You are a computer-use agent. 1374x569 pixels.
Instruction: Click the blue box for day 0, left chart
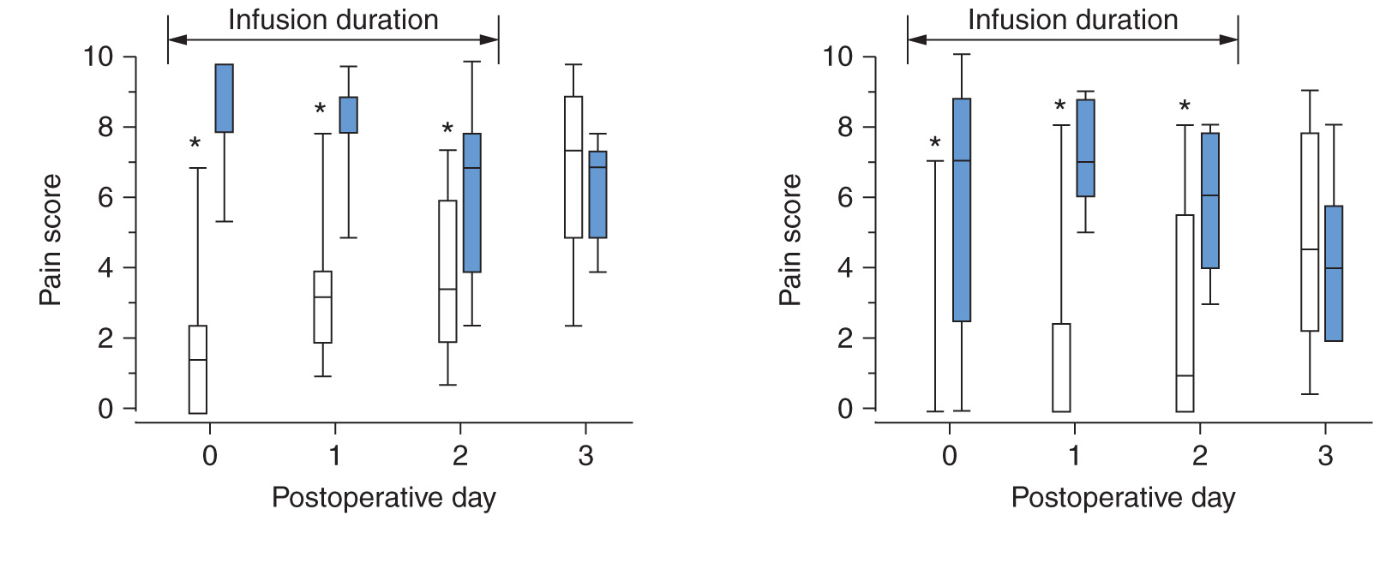224,98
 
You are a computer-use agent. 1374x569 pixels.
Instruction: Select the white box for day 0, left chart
198,369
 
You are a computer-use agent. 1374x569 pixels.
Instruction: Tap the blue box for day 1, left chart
349,115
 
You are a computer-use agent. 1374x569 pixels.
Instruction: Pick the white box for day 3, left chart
573,167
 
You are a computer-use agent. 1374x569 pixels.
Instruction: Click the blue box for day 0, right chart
962,210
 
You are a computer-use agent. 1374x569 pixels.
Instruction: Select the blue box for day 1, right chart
1086,148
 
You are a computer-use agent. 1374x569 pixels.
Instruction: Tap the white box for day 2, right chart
1185,313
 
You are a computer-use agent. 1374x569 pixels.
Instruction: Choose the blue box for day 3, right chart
1334,273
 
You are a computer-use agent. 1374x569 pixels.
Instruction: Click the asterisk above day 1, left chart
320,111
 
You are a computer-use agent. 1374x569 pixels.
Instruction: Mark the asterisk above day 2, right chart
1185,108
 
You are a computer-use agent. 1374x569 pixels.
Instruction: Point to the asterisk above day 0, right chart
935,145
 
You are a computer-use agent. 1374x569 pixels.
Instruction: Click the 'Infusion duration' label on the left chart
333,20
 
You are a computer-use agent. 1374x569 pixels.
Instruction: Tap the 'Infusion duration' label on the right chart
1072,20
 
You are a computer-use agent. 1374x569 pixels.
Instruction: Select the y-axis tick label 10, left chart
98,57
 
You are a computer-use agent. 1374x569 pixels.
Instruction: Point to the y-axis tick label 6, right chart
845,197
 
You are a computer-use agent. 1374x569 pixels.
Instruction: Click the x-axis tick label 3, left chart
585,456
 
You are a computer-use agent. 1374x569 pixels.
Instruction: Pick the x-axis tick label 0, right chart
949,456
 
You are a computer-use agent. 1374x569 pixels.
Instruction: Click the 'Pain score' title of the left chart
51,240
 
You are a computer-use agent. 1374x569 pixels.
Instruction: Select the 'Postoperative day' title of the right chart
1123,498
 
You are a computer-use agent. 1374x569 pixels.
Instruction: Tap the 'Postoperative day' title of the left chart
383,498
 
